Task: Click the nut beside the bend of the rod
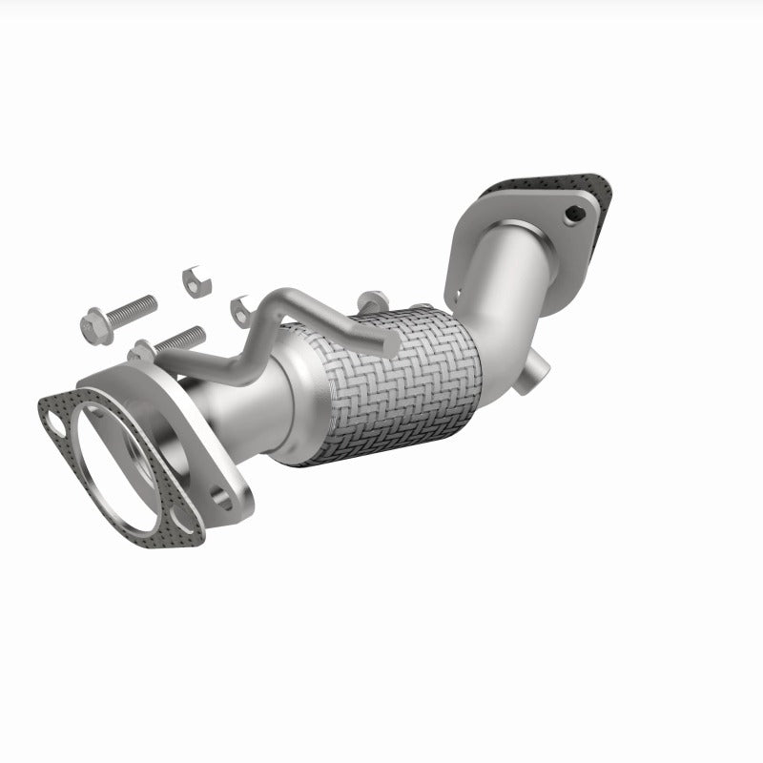[240, 307]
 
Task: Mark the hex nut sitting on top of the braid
[374, 299]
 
